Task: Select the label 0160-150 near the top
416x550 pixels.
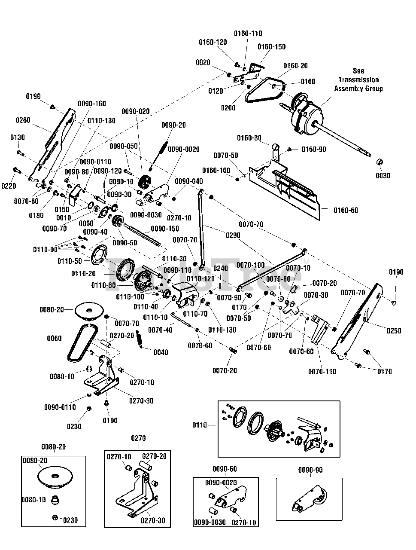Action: coord(271,46)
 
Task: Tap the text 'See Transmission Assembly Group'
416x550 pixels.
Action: coord(358,80)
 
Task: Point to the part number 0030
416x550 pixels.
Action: coord(383,176)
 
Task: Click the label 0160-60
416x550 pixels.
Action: coord(345,211)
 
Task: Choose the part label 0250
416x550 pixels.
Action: coord(394,330)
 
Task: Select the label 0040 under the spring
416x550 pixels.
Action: coord(161,352)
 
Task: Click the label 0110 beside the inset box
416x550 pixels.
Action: coord(199,425)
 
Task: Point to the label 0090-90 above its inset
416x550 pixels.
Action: coord(310,470)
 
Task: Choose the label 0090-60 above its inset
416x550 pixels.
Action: coord(225,469)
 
